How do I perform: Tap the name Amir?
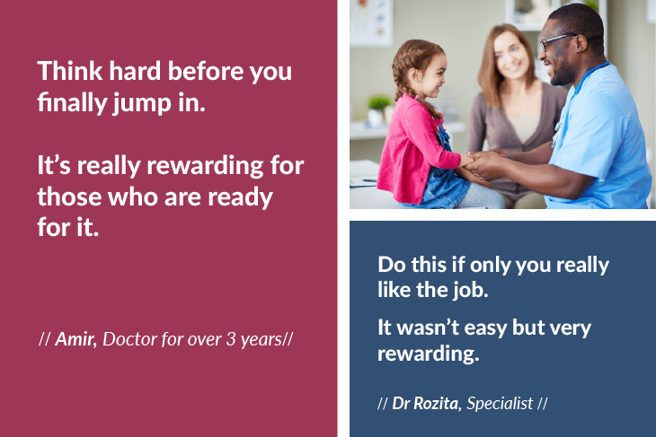click(x=75, y=339)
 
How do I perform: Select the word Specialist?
click(x=500, y=403)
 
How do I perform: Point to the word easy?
click(x=476, y=328)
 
